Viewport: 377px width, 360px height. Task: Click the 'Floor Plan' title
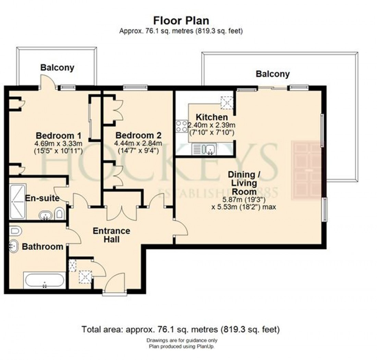click(x=181, y=20)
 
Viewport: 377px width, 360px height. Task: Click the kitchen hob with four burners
click(x=182, y=127)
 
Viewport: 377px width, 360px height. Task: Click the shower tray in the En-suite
click(x=17, y=201)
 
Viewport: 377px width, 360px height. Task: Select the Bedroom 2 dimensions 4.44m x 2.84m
click(x=138, y=143)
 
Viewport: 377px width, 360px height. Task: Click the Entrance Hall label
click(x=111, y=235)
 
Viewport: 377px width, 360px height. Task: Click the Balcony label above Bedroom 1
click(x=57, y=68)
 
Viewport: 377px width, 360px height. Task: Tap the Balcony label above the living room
click(x=272, y=74)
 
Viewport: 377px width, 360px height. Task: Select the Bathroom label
click(x=42, y=246)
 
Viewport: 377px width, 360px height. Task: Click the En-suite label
click(x=42, y=198)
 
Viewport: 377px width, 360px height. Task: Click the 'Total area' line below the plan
click(x=181, y=330)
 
